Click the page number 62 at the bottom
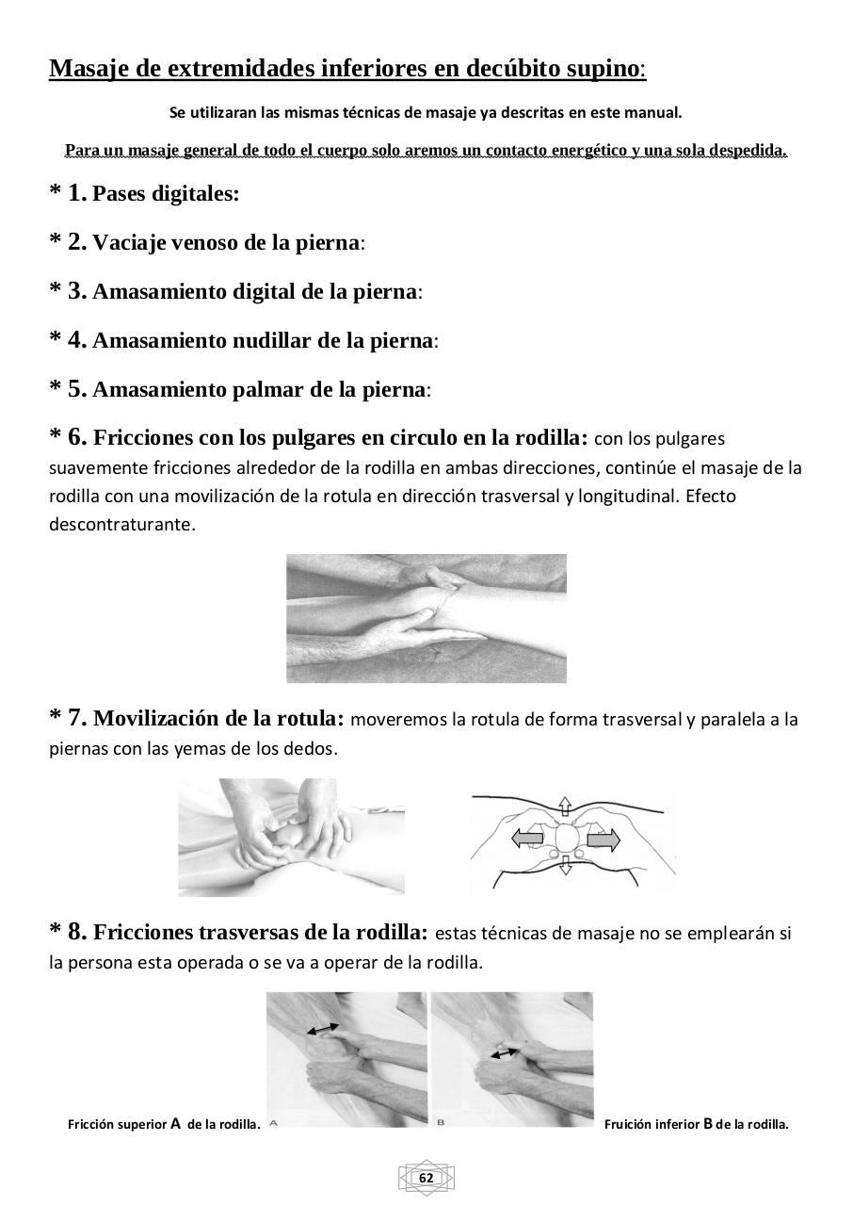pyautogui.click(x=426, y=1178)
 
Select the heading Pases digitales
pyautogui.click(x=166, y=194)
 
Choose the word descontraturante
pyautogui.click(x=122, y=524)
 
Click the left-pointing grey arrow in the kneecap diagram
pyautogui.click(x=528, y=837)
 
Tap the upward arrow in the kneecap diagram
pyautogui.click(x=565, y=806)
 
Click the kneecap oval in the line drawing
pyautogui.click(x=565, y=837)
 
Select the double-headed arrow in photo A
pyautogui.click(x=324, y=1030)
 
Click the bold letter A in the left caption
pyautogui.click(x=175, y=1123)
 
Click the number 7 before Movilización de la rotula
pyautogui.click(x=77, y=718)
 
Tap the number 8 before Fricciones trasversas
pyautogui.click(x=77, y=932)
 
